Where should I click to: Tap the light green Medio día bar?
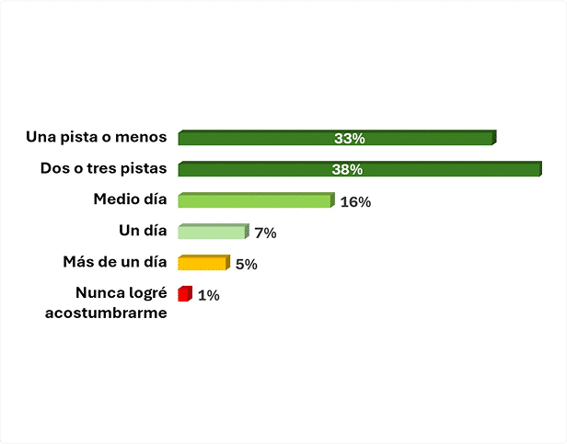[x=255, y=200]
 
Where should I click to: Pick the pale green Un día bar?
[x=213, y=232]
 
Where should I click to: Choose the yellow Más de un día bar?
[x=202, y=263]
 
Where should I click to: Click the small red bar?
[x=184, y=294]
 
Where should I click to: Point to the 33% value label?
[x=350, y=139]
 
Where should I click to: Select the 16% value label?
[x=355, y=202]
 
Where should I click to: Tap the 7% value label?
[x=265, y=233]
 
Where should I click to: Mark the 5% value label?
[x=246, y=265]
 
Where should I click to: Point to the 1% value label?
[x=208, y=296]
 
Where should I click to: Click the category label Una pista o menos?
[x=97, y=137]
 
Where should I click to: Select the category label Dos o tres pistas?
[x=103, y=168]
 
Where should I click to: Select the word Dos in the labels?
[x=54, y=168]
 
